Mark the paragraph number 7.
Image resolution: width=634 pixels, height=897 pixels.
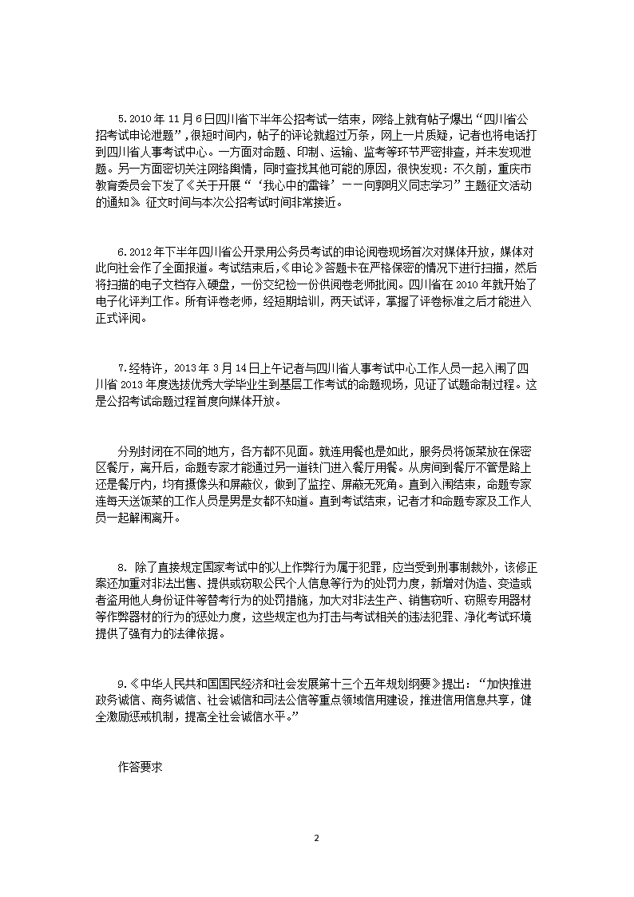click(121, 368)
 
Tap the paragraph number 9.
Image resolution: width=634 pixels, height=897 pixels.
click(121, 684)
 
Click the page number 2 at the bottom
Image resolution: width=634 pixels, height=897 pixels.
click(317, 838)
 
